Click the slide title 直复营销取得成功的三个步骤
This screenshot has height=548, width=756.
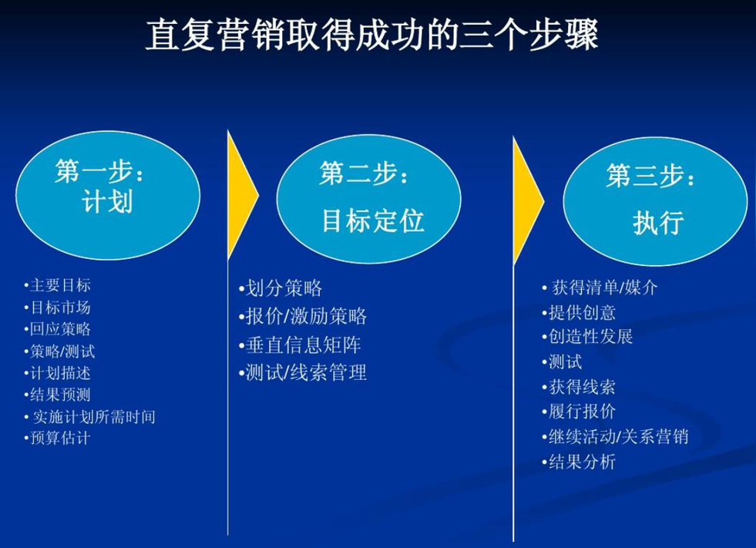click(371, 35)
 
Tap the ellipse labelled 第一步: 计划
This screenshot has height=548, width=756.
click(108, 195)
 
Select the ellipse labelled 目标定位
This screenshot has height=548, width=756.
click(369, 199)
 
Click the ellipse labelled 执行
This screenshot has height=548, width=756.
click(655, 201)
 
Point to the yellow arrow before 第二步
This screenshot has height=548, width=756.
click(241, 195)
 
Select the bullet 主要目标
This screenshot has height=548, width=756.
click(57, 286)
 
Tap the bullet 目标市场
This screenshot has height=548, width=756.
click(57, 308)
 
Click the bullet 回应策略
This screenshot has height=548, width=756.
click(57, 329)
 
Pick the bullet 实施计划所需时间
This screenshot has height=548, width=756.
click(90, 417)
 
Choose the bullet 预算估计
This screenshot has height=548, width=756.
click(57, 438)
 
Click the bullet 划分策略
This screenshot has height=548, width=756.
click(280, 288)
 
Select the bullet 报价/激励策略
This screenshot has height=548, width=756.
click(303, 316)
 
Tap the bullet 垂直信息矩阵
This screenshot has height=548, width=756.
click(300, 345)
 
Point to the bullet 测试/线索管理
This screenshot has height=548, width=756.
click(303, 372)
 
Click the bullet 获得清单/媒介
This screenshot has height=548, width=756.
click(600, 287)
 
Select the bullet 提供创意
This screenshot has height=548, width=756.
click(579, 313)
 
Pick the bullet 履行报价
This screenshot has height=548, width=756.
click(579, 412)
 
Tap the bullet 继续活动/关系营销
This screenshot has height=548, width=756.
click(615, 436)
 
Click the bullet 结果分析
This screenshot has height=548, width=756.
click(579, 462)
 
